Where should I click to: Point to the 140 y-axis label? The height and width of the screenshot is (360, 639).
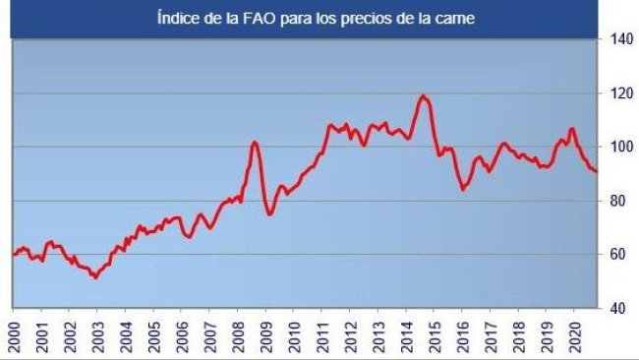(619, 40)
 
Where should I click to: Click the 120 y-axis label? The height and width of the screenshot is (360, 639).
(619, 94)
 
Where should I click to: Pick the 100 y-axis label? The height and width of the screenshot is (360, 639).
(619, 148)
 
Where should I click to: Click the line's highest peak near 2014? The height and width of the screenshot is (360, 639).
(423, 95)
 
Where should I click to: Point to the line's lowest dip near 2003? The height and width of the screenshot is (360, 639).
(94, 277)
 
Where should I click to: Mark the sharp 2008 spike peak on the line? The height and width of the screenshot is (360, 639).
(255, 142)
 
